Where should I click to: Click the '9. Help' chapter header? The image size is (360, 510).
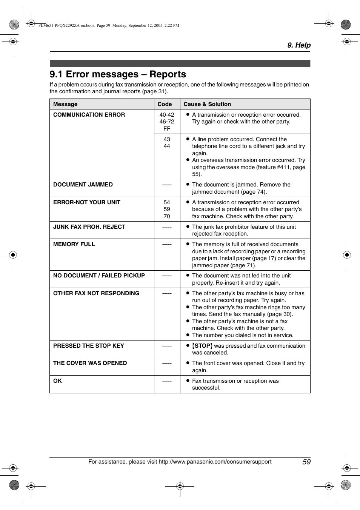tap(298, 45)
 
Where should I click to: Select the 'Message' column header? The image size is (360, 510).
tap(65, 104)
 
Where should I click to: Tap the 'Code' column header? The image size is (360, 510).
tap(165, 104)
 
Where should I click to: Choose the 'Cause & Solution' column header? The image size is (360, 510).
tap(207, 104)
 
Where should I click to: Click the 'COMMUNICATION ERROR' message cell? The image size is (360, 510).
tap(89, 115)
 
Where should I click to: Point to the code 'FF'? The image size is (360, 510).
tap(167, 129)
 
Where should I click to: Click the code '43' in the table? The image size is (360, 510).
tap(167, 139)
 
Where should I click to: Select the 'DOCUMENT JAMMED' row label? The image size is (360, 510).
tap(83, 185)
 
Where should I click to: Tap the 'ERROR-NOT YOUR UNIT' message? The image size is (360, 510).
tap(87, 202)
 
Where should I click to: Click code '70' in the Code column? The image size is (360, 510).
tap(167, 216)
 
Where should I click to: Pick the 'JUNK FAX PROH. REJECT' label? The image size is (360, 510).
tap(89, 227)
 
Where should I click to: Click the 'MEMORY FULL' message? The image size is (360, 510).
tap(74, 244)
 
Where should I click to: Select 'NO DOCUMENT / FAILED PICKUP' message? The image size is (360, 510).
tap(99, 276)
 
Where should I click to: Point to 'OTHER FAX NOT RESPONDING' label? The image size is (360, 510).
tap(96, 293)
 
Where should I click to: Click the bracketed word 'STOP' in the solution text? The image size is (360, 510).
tap(202, 346)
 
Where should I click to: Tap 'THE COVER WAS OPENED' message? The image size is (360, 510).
tap(90, 363)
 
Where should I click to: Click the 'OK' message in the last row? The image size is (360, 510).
tap(57, 381)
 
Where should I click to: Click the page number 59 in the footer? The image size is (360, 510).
tap(306, 462)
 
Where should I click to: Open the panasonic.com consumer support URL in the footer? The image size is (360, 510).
tap(215, 462)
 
